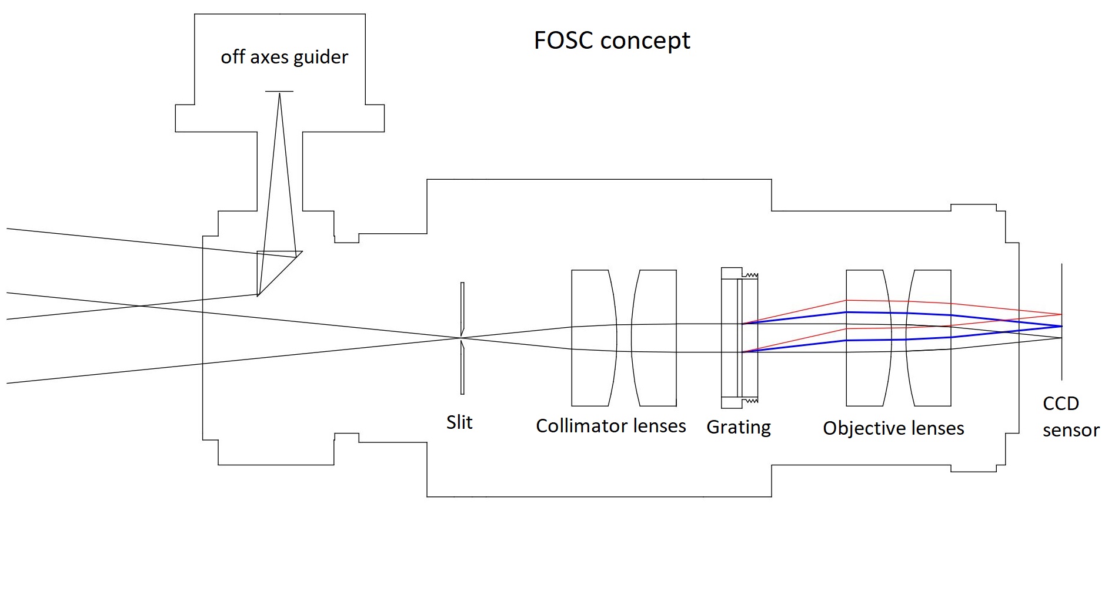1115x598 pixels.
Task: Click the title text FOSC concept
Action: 612,41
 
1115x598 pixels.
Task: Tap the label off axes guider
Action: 284,57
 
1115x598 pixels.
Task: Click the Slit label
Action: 459,422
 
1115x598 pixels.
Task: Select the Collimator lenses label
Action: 610,425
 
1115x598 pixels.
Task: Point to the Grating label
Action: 739,427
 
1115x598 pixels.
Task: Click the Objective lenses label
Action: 893,428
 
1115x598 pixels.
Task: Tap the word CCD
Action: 1061,404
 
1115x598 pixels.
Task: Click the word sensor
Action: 1071,430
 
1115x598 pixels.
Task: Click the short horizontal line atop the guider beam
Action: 279,92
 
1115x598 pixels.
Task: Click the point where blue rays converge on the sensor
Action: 1061,326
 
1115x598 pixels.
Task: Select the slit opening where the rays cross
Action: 462,338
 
